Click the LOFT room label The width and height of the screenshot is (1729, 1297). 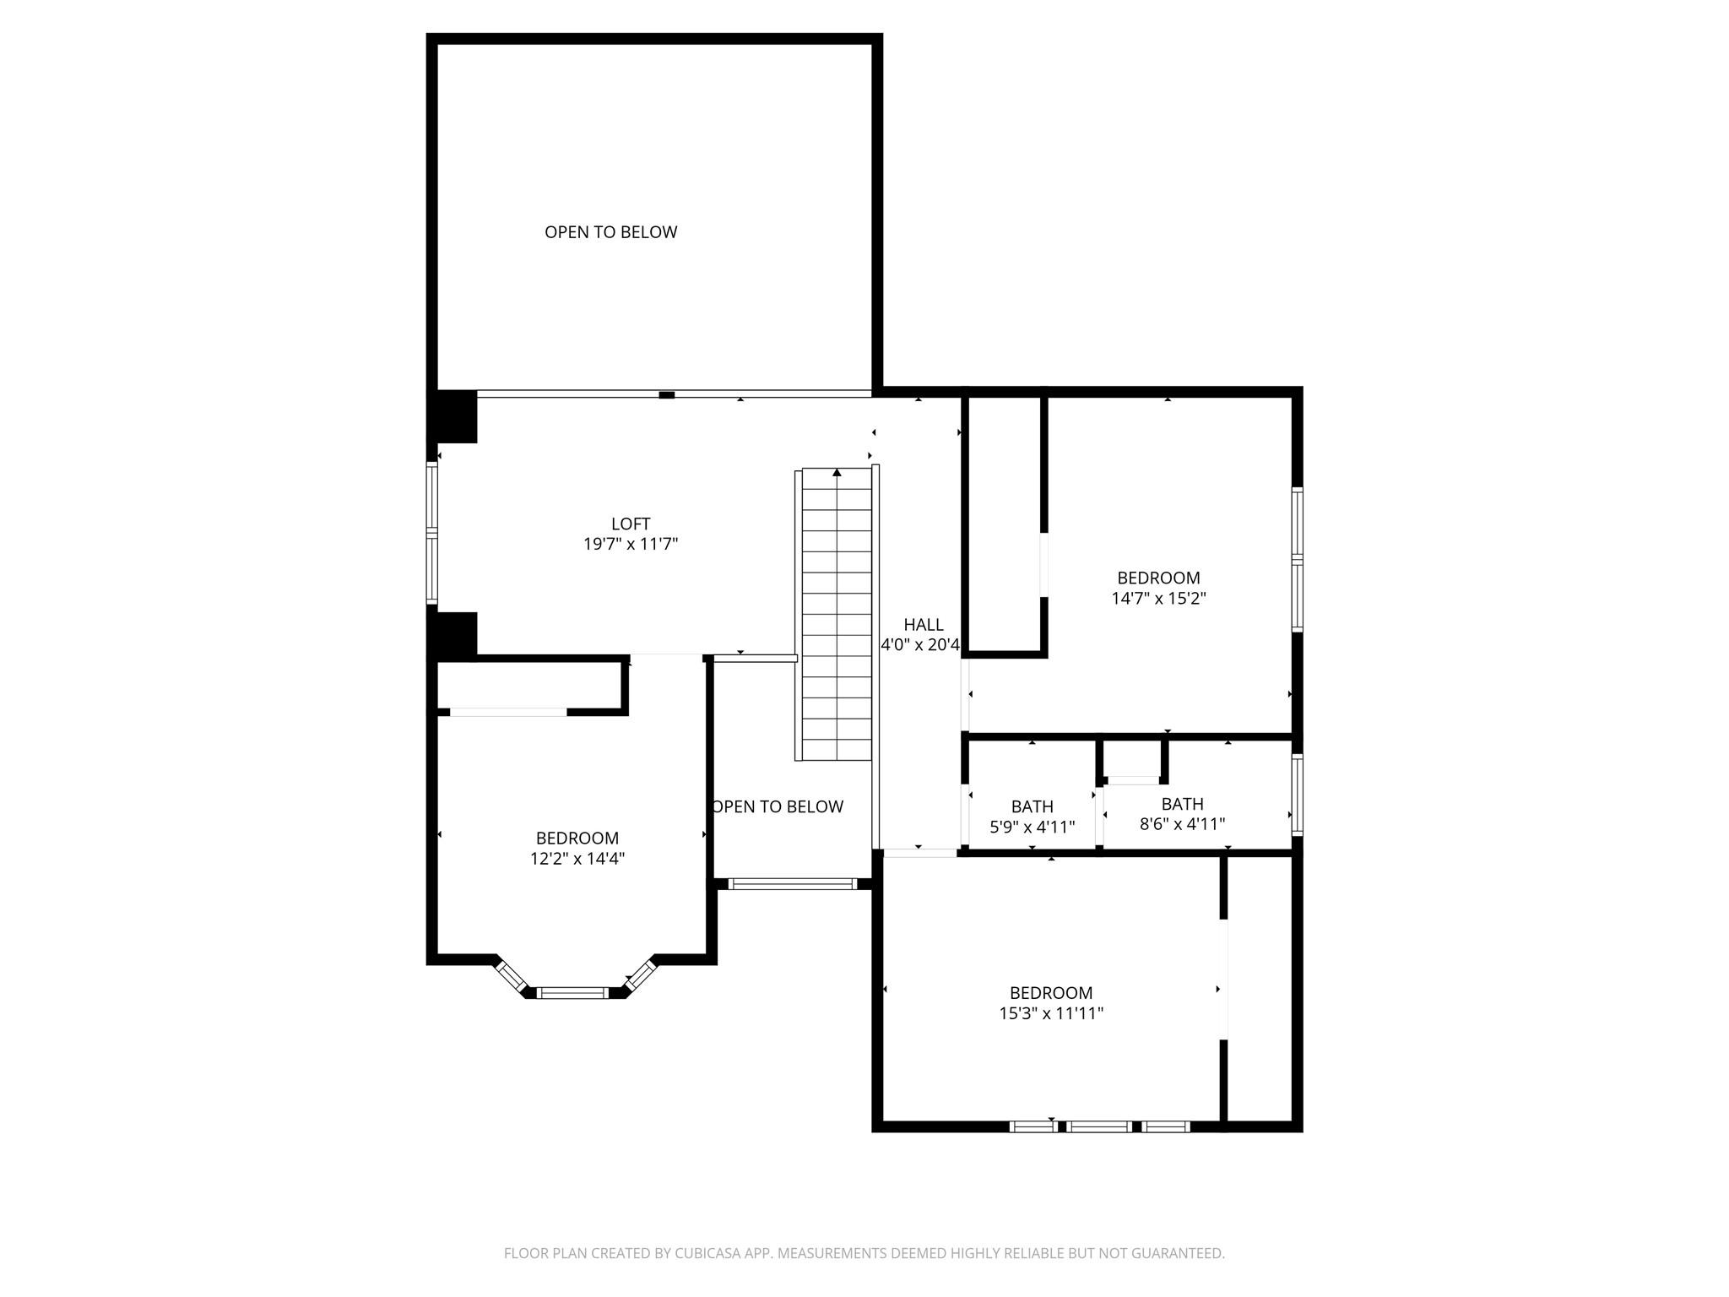(631, 524)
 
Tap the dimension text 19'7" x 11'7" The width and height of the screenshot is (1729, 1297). (631, 544)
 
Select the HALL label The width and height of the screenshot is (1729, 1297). (923, 625)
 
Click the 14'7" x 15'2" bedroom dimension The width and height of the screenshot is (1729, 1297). (1158, 599)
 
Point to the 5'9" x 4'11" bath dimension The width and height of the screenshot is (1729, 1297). (1032, 828)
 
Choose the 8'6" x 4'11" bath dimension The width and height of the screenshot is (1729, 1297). (1182, 824)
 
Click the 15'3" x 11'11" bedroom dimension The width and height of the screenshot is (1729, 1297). (1051, 1013)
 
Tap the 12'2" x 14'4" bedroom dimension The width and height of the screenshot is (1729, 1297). (577, 859)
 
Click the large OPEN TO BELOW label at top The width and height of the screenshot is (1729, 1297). (610, 232)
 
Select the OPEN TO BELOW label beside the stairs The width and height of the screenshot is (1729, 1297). (778, 806)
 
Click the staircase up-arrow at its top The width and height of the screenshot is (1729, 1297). (837, 473)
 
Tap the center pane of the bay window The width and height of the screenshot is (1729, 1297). (573, 992)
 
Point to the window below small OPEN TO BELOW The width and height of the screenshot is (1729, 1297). (791, 884)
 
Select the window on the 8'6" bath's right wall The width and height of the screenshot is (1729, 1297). (1298, 795)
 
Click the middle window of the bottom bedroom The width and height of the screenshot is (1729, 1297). (1098, 1126)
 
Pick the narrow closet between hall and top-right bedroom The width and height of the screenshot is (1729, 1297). (1004, 524)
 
